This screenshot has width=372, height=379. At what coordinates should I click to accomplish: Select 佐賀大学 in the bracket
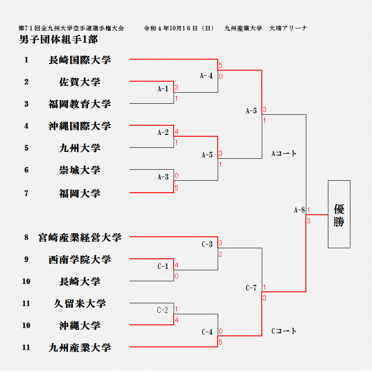(79, 82)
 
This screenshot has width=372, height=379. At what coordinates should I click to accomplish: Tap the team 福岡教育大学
(79, 104)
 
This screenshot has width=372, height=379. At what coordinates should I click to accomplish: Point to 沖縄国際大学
(79, 126)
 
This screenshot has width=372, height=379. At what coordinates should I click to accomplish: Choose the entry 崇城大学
(79, 170)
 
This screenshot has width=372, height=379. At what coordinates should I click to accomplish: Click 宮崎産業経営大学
(86, 237)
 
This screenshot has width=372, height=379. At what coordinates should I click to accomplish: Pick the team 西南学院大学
(79, 260)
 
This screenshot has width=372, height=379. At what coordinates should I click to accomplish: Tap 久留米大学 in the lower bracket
(79, 303)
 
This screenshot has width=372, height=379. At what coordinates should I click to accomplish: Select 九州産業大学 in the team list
(79, 347)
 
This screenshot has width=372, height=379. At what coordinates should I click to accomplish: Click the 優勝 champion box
(339, 214)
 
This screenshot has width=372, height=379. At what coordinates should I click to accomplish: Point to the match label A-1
(163, 89)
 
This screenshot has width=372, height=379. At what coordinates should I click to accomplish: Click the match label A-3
(163, 177)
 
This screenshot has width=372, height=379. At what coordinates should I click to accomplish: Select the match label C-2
(163, 310)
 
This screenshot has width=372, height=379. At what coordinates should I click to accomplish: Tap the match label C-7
(251, 288)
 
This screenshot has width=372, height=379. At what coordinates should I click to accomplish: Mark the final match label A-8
(299, 210)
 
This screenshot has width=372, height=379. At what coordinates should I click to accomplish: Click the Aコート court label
(284, 154)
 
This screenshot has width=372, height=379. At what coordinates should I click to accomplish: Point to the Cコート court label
(284, 331)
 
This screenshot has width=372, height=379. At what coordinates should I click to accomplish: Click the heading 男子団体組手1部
(58, 40)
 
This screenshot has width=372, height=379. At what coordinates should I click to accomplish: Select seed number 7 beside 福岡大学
(26, 193)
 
